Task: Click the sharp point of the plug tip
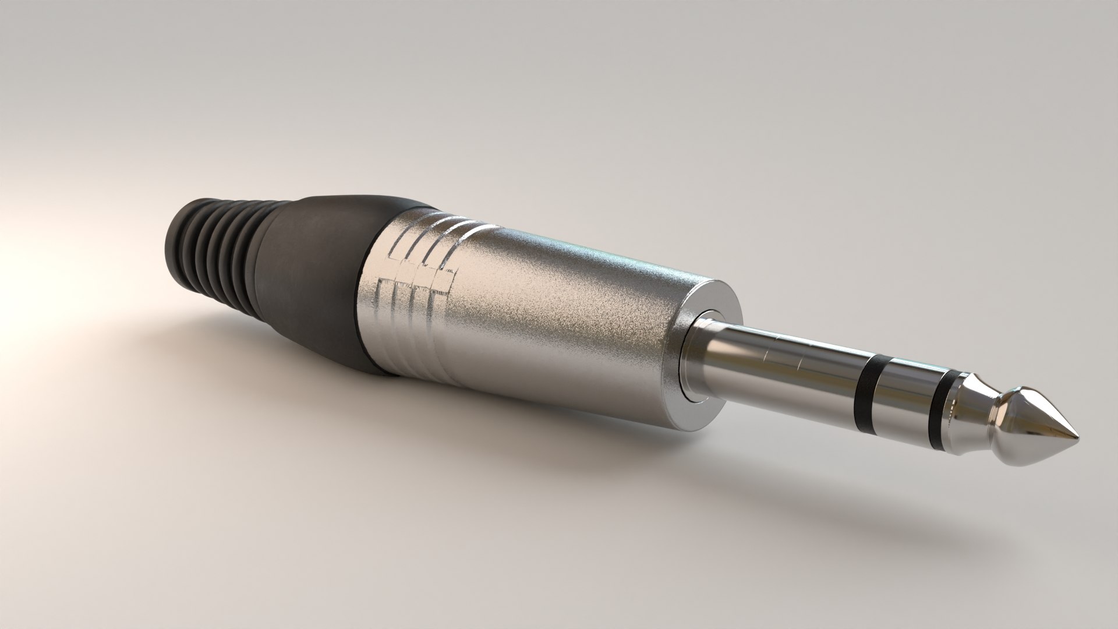1077,436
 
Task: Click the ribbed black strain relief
221,245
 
